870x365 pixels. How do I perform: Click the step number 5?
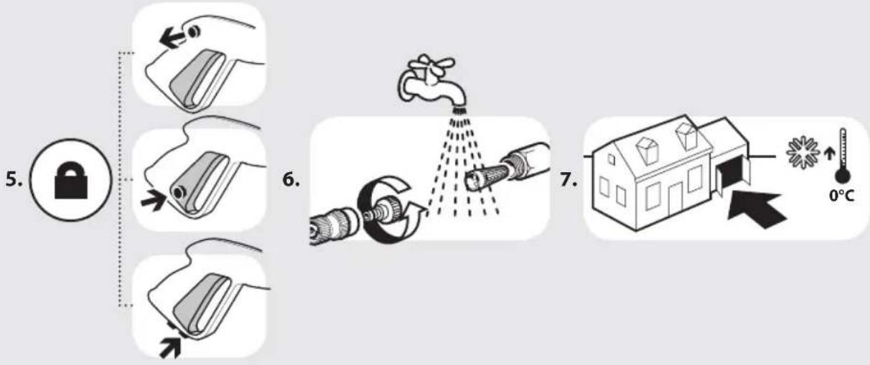tap(14, 179)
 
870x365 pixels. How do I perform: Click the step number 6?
tap(291, 179)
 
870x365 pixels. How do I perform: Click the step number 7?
tap(569, 179)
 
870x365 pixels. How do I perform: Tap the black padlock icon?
tap(70, 181)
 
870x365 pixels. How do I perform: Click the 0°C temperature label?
tap(842, 196)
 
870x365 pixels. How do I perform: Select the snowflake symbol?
tap(803, 153)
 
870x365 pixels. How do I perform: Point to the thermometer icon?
tap(843, 156)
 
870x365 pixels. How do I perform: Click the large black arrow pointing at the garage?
tap(755, 209)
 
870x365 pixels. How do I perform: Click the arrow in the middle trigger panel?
tap(154, 201)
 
